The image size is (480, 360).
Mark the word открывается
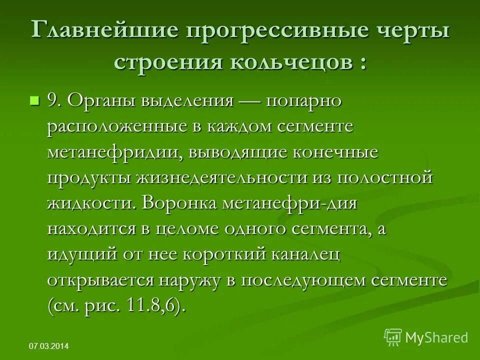[100, 280]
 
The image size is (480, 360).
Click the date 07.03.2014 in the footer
[49, 346]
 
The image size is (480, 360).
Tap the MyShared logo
[426, 337]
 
